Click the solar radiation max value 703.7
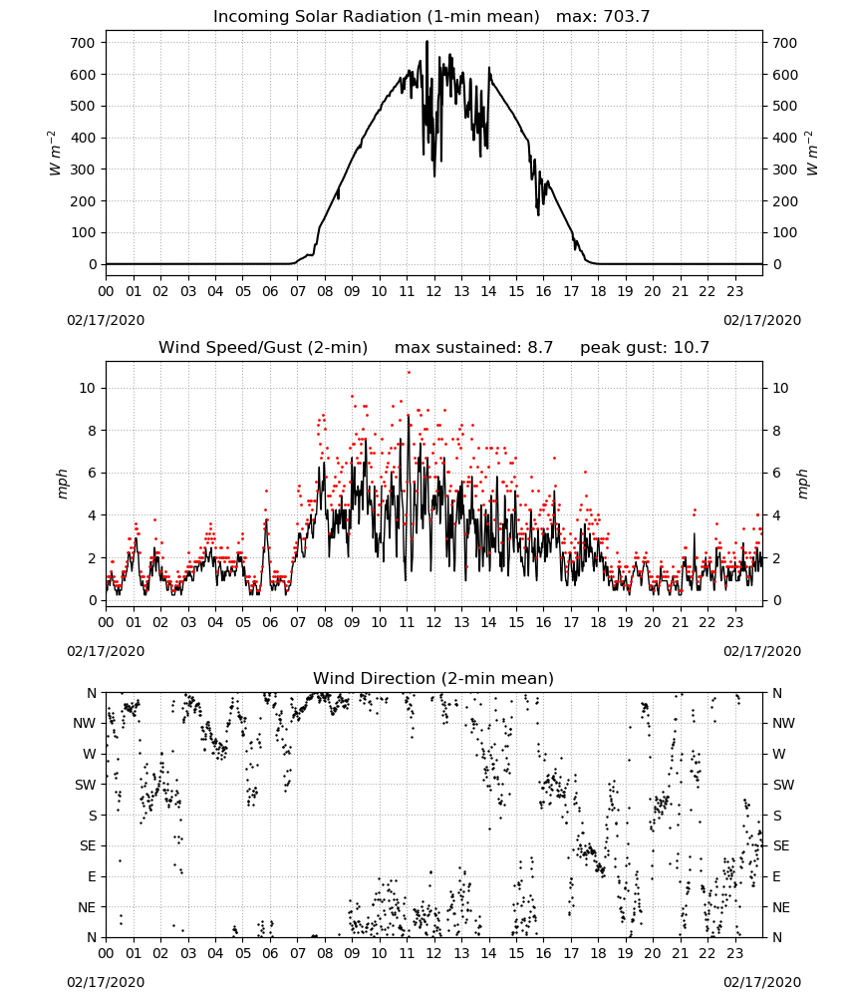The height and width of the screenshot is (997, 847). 627,17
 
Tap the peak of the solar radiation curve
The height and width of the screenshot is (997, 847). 427,41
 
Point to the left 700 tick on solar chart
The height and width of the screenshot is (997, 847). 84,43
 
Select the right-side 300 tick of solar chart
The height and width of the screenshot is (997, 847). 784,169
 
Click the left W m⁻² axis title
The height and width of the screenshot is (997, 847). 54,154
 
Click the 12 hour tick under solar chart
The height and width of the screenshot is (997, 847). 434,291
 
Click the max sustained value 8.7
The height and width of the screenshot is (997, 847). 540,348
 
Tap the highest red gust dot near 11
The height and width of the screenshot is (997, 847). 409,373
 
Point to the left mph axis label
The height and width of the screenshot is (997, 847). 62,484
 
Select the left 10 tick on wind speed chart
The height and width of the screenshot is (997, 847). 88,388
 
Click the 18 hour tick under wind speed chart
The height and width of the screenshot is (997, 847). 598,622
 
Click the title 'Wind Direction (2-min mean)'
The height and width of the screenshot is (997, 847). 433,678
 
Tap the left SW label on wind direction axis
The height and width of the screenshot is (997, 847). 86,785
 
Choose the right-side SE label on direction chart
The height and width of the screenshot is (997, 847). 781,845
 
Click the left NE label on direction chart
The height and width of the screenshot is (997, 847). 87,907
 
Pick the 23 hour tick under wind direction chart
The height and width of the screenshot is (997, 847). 734,953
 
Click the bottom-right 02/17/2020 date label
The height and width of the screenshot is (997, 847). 762,982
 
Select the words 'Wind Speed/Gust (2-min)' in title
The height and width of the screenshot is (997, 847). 263,348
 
